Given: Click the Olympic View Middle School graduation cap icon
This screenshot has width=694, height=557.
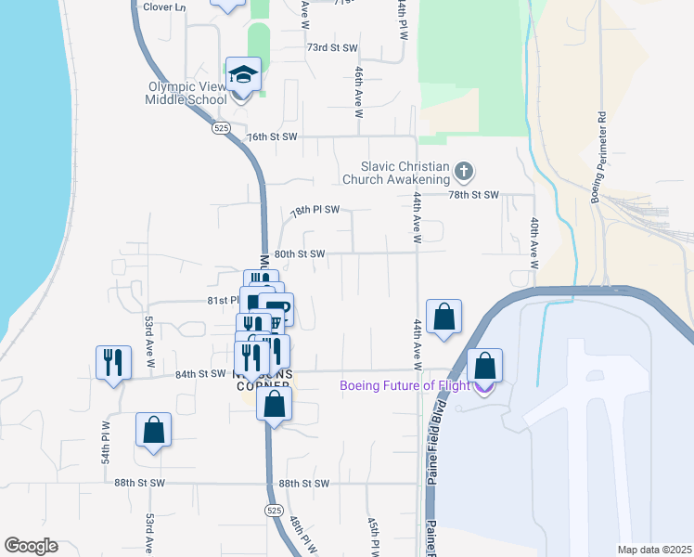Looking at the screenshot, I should pos(243,74).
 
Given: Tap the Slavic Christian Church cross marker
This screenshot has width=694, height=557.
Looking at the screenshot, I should pos(464,171).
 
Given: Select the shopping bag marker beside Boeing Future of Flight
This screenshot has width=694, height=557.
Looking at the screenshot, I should pos(484,366).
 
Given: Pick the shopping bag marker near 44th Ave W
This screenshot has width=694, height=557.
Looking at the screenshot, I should pos(444,317).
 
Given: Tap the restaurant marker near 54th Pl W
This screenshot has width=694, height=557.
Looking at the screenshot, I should pos(111,361).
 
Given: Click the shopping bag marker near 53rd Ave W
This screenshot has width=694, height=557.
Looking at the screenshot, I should pos(153,430).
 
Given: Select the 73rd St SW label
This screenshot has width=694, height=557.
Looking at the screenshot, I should pos(332,47).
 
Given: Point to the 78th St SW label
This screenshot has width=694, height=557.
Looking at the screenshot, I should pos(474,195).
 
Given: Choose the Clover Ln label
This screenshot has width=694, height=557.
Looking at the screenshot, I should pos(165,6).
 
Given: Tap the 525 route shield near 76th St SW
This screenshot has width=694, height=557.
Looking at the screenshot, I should pos(221,126).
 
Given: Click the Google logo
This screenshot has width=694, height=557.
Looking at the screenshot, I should pos(31,546).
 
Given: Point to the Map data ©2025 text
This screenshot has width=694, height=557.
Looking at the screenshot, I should pos(653,550).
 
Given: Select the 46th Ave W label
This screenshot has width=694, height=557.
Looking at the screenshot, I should pos(358,91).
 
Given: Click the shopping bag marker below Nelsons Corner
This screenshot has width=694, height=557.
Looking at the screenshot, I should pos(274,404).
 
